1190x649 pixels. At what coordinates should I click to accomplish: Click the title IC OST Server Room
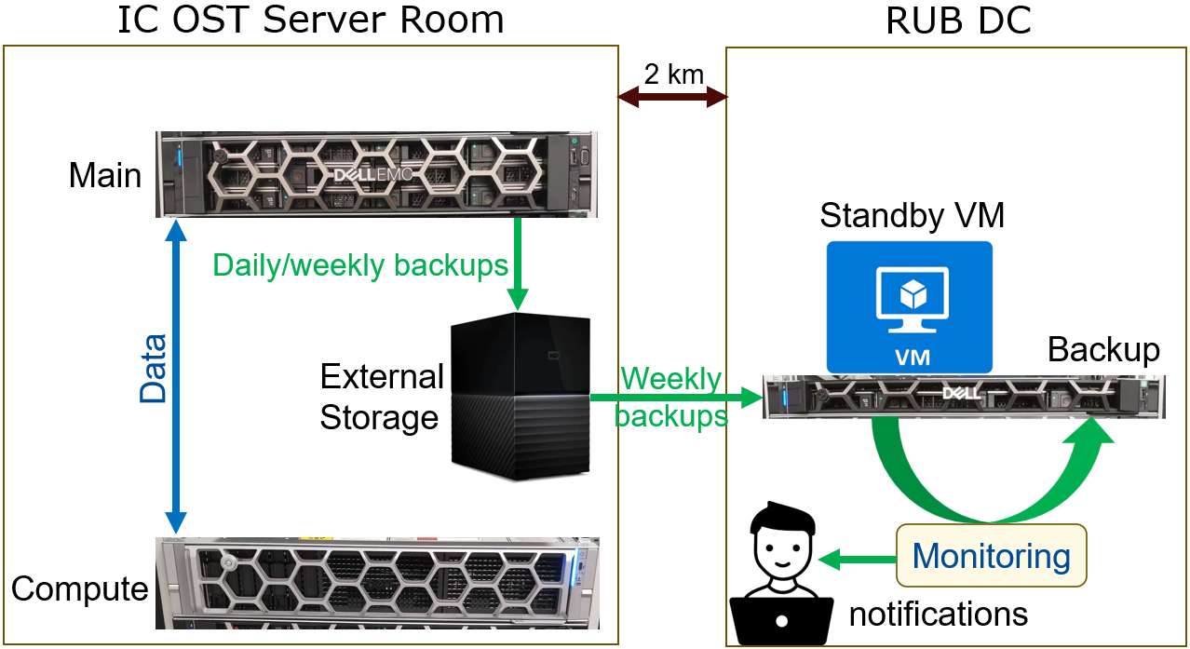pos(311,20)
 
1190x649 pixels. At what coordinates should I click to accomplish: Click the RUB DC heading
pos(958,20)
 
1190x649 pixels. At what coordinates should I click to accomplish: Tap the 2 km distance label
pos(673,74)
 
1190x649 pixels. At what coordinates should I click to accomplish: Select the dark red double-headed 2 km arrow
pos(673,96)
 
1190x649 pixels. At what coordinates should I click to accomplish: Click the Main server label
pos(105,175)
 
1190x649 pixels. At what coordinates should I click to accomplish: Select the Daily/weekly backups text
pos(360,265)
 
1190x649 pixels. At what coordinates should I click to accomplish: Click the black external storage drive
pos(521,396)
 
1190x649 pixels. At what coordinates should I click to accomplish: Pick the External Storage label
pos(382,397)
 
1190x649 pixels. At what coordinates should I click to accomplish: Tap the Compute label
pos(79,588)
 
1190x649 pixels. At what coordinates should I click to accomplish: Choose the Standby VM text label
pos(912,216)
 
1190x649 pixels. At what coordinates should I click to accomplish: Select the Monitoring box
pos(991,556)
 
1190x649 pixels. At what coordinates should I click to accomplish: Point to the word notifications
pos(938,614)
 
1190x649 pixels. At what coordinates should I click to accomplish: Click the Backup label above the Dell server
pos(1103,349)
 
